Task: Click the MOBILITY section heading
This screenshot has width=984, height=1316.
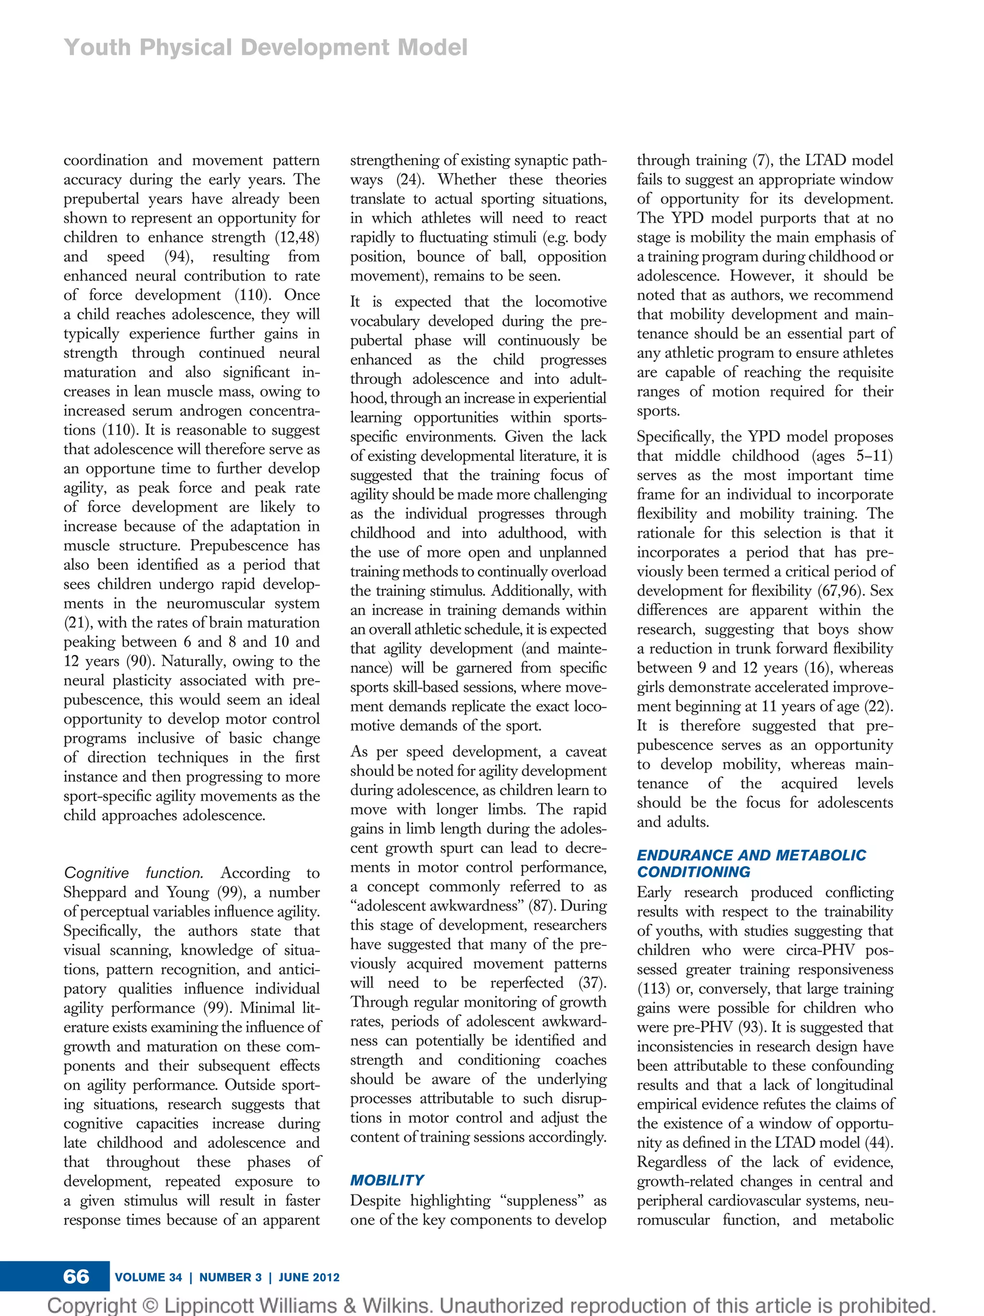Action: tap(386, 1180)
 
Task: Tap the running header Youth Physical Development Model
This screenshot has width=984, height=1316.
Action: tap(266, 48)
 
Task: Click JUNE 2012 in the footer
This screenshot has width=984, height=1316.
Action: tap(308, 1277)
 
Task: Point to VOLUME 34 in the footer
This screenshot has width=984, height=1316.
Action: tap(148, 1277)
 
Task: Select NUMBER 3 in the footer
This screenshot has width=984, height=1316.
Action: tap(230, 1277)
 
